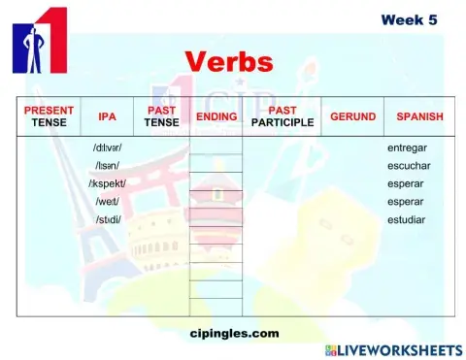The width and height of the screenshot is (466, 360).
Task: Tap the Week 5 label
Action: [408, 19]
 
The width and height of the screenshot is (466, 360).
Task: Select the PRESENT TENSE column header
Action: [49, 116]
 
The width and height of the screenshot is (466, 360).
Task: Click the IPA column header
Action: [107, 116]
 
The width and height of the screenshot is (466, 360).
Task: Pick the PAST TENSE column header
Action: [161, 116]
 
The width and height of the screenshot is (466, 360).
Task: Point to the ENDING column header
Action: [216, 116]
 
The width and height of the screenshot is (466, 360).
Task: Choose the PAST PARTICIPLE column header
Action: [282, 116]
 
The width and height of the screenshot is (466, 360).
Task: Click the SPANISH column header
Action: [419, 116]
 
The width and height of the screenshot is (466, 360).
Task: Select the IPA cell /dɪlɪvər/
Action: [107, 148]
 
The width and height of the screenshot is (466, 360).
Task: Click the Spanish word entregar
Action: [407, 148]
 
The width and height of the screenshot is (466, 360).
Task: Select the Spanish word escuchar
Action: [408, 166]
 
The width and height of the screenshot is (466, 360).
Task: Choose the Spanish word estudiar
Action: [406, 219]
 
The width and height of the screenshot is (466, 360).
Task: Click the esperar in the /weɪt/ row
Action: [405, 201]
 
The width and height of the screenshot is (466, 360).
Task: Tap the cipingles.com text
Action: [234, 333]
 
